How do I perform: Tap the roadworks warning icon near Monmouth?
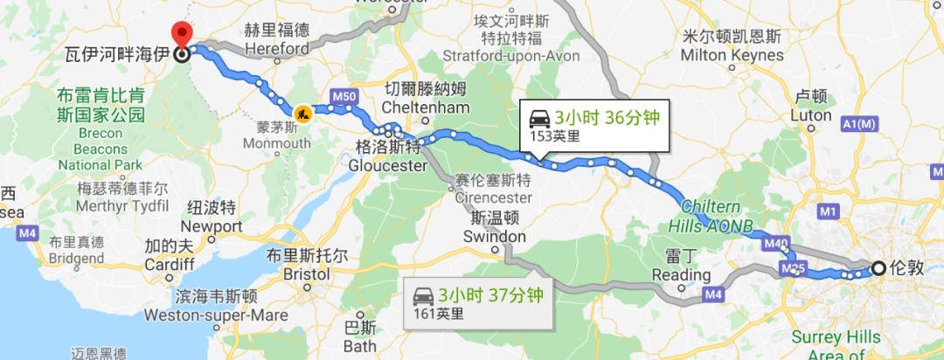(x=302, y=112)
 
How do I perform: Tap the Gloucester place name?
(x=387, y=165)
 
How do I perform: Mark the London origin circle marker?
(x=877, y=268)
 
